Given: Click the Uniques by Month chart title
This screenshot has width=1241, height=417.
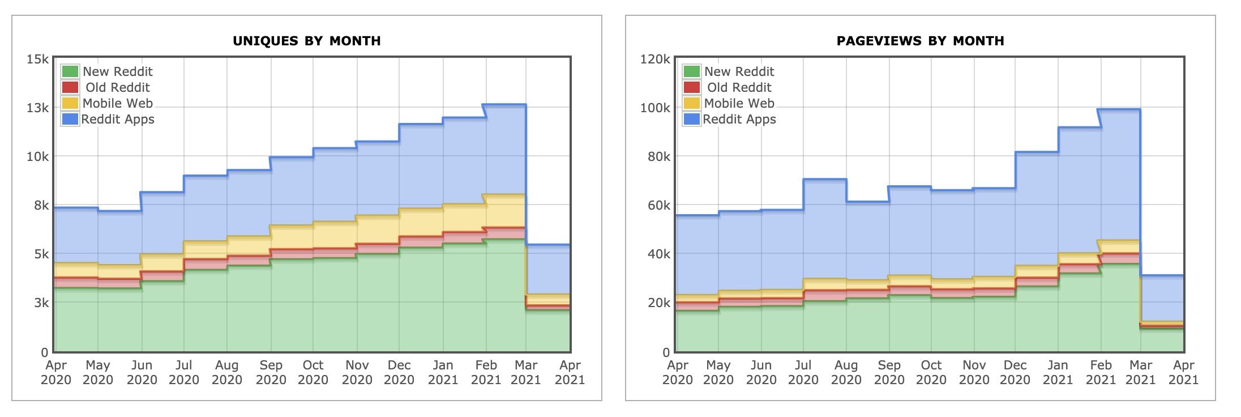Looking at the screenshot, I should tap(306, 41).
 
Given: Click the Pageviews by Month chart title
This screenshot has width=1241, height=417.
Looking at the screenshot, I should tap(920, 41).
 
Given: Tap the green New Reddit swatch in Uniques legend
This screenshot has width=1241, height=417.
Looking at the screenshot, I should tap(70, 71).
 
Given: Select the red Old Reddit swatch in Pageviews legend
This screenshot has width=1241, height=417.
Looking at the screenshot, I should tap(691, 87).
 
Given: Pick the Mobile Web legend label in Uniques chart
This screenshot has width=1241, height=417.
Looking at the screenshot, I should tap(117, 103).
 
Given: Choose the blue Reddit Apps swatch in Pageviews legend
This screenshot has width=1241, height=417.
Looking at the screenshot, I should tap(691, 119).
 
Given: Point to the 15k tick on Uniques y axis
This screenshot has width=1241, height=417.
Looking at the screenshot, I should tap(37, 59).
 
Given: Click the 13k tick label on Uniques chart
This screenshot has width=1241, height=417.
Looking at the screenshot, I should tap(37, 108).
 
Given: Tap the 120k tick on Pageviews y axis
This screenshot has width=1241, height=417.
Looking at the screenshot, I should tap(655, 59).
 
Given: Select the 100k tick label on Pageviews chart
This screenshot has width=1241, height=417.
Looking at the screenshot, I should tap(655, 108).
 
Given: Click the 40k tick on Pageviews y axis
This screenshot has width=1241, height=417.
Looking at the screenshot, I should tap(658, 254).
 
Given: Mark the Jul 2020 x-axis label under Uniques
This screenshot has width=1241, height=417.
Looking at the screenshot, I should tap(183, 372).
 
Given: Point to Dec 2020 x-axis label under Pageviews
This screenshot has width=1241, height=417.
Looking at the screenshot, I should tap(1015, 372).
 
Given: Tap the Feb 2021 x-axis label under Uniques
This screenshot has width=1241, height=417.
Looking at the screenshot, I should tap(486, 372).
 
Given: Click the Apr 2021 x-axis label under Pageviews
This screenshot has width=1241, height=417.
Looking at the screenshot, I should tap(1183, 372).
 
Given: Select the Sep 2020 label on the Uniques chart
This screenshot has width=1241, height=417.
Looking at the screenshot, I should tap(271, 372).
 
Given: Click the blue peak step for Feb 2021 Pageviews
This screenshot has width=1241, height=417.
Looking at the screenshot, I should tap(1120, 109).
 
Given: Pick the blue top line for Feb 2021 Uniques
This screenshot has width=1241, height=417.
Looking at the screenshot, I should tap(506, 105).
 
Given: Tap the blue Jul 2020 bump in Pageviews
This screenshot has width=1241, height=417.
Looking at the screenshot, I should tap(825, 180).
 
